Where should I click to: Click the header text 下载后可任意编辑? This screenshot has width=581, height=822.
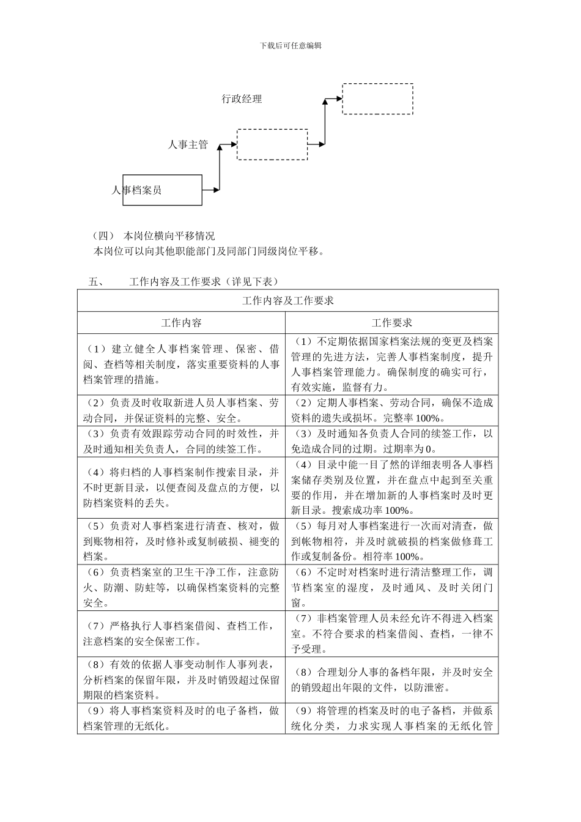point(290,45)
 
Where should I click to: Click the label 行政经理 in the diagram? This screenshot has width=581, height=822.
point(242,99)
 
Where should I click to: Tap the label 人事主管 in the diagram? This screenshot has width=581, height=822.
point(188,145)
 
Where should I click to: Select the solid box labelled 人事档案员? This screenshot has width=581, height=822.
point(162,190)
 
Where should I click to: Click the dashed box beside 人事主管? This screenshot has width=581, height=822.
point(272,144)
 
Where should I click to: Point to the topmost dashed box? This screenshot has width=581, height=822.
point(377,98)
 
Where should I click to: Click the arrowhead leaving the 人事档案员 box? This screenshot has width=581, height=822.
point(216,190)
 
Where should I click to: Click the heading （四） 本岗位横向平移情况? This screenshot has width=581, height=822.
point(153,235)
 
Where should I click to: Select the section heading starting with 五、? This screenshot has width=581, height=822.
point(183,281)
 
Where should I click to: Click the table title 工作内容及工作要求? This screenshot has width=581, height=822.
point(287,301)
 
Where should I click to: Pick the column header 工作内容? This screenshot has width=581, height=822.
point(181,323)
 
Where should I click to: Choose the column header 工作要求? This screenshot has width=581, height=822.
point(391,323)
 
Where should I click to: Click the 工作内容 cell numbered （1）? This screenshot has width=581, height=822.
point(181,364)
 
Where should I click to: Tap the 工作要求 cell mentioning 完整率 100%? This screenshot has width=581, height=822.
point(391,410)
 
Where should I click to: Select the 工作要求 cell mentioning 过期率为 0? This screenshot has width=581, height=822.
point(391,441)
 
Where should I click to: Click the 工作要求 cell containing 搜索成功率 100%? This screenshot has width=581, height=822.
point(391,487)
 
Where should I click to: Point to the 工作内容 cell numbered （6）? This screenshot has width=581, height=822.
point(181,587)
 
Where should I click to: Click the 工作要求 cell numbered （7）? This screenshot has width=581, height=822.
point(391,634)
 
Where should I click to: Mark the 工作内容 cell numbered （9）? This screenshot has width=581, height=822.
point(181,718)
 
